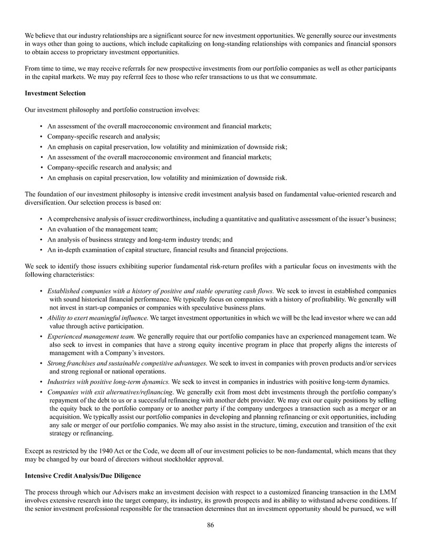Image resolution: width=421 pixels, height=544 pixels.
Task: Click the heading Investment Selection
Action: tap(55, 94)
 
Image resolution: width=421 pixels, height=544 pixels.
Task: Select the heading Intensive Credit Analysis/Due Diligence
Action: tap(83, 476)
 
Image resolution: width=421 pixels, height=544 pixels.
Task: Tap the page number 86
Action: tap(210, 525)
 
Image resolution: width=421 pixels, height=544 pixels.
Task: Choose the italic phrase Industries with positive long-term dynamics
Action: tap(109, 381)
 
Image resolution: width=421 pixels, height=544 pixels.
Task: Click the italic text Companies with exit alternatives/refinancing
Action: tap(110, 392)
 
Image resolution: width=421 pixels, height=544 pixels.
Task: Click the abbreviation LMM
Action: tap(388, 491)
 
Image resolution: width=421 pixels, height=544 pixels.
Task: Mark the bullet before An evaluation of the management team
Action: tap(41, 229)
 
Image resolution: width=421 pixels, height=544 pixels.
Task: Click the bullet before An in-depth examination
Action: tap(41, 249)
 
